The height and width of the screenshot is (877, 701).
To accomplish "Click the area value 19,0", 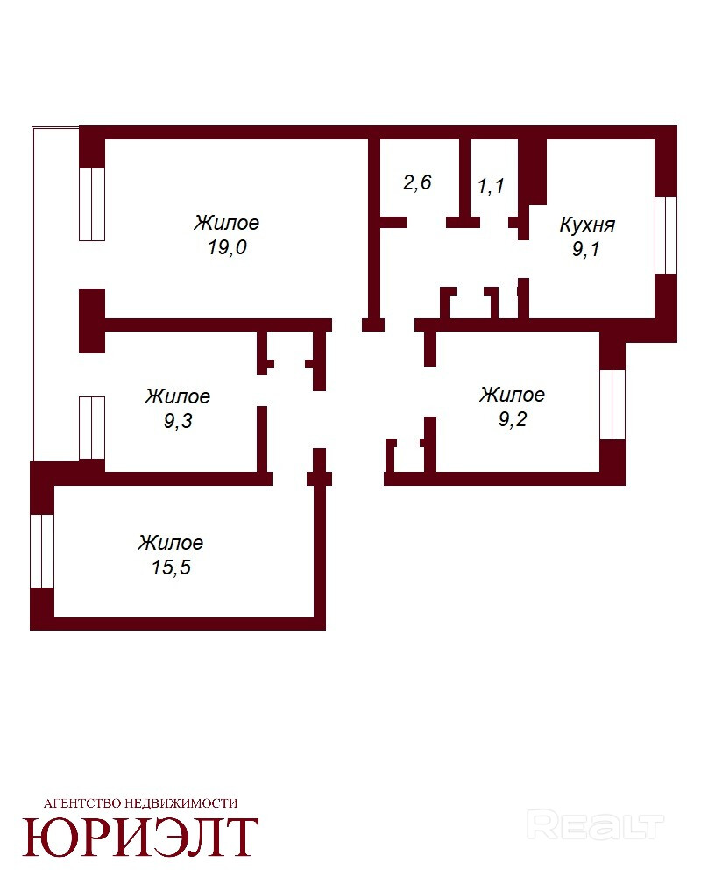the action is [228, 246].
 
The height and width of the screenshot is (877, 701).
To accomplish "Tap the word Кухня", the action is [587, 225].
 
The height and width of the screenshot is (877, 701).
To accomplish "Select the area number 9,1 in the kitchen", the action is [586, 249].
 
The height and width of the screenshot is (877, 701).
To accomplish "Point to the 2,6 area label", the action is [417, 182].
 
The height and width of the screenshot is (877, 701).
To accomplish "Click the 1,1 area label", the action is [491, 185].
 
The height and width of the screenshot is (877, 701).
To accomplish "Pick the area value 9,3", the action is [178, 420].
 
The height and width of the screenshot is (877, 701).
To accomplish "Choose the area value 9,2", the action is [513, 418].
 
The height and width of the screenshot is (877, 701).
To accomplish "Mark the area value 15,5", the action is [171, 567].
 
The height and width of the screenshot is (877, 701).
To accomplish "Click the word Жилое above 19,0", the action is [226, 223].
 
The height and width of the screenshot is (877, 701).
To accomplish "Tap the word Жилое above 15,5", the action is [171, 543].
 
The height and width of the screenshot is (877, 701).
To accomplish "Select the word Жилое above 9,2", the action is [512, 395].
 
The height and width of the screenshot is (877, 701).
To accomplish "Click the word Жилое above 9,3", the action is [177, 396].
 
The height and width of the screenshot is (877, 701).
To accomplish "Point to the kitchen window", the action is [666, 235].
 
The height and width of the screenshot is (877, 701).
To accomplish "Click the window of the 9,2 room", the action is [612, 404].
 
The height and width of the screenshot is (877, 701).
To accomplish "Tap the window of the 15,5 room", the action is [42, 551].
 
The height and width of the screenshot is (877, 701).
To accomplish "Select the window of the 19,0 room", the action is [92, 204].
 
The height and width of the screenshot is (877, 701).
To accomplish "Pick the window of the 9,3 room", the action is [92, 428].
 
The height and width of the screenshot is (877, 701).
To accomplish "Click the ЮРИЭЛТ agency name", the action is [140, 838].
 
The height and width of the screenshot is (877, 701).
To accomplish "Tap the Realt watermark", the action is [595, 825].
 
